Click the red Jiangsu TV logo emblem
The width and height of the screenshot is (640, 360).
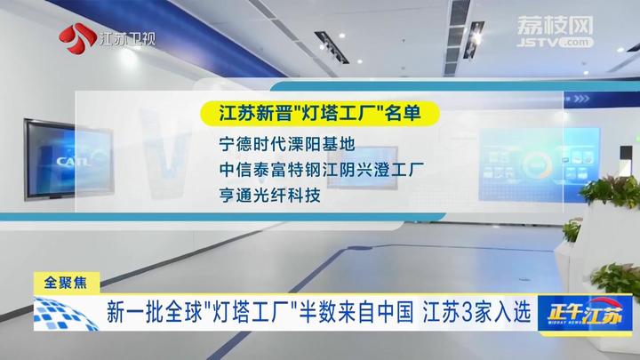pos(77,38)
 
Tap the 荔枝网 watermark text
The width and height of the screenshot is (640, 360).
pos(555,25)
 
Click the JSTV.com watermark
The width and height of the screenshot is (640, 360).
pos(555,42)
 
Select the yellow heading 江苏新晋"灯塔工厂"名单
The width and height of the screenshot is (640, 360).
pos(320,113)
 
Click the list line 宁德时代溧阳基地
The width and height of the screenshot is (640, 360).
pos(287,144)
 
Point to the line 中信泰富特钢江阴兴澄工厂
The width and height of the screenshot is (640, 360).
pos(321,170)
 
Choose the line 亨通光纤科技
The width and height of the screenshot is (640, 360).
pos(269,196)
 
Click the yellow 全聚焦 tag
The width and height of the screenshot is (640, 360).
pos(66,283)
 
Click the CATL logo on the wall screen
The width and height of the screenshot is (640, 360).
pos(73,161)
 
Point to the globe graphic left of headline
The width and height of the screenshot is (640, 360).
pos(65,314)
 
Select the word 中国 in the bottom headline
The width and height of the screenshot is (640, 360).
pos(395,313)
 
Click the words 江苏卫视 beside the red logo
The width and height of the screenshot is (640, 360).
pos(126,39)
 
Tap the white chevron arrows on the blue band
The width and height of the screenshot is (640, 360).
pos(581,99)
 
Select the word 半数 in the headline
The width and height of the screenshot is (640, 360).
pos(318,313)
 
